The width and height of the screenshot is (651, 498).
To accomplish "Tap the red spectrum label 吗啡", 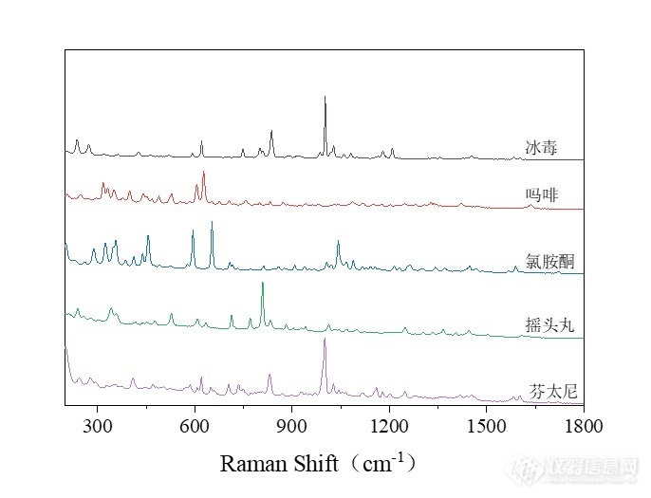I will click(x=542, y=195).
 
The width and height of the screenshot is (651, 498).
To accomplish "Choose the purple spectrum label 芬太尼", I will click(x=550, y=390).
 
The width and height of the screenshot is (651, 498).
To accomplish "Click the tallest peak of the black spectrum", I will click(x=325, y=97).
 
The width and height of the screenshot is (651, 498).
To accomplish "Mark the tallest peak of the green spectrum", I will click(x=263, y=284).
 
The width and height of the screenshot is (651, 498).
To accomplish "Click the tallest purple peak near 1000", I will click(x=325, y=340).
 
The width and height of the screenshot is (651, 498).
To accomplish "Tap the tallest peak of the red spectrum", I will click(x=203, y=174).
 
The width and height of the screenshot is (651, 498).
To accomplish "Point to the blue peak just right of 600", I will click(x=212, y=223).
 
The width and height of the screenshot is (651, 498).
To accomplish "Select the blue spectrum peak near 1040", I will click(x=338, y=243).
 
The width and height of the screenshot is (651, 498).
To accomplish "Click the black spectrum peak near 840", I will click(x=271, y=131).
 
